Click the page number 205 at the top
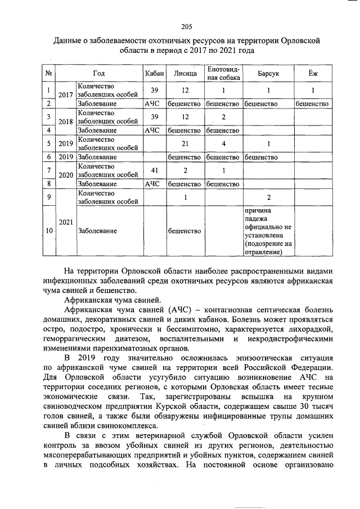point(187,27)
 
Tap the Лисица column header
point(185,73)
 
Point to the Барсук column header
point(268,73)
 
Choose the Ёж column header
point(312,73)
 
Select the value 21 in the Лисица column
point(185,143)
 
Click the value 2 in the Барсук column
point(268,197)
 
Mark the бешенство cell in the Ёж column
point(312,104)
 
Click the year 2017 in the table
point(66,94)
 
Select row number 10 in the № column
point(49,231)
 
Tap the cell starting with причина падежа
point(268,231)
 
